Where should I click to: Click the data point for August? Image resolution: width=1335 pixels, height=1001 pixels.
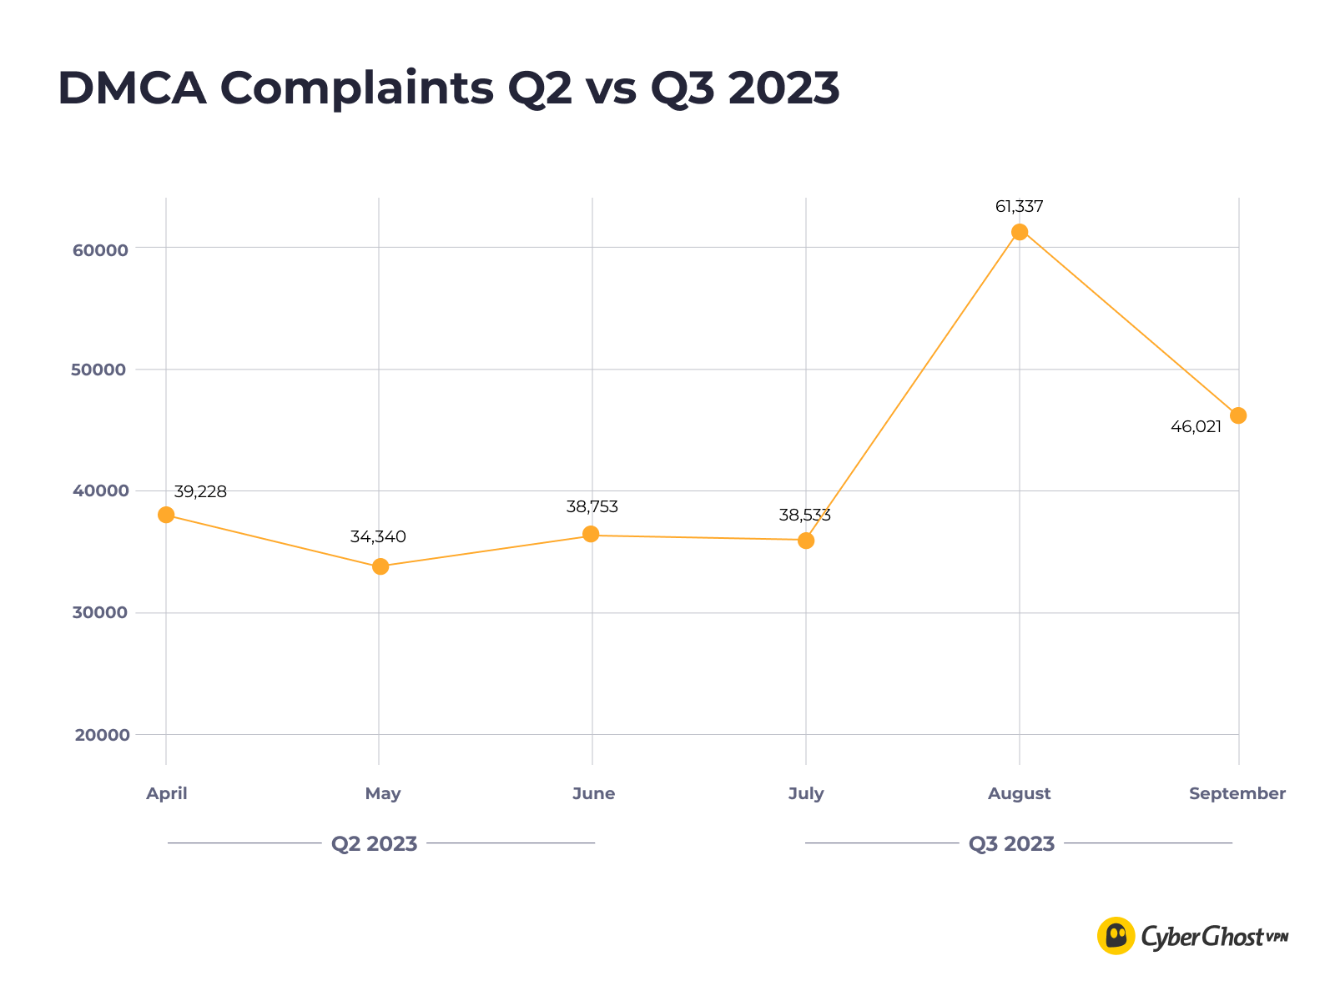point(1019,232)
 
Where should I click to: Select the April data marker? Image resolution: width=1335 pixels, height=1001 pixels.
point(166,515)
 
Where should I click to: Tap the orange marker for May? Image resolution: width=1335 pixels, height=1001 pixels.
point(380,566)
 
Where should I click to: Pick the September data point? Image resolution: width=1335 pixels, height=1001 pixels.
point(1238,415)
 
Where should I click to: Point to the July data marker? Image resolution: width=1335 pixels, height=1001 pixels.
point(806,541)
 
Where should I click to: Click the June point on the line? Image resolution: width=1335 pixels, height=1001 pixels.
point(591,534)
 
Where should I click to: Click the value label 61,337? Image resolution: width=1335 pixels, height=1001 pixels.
point(1019,207)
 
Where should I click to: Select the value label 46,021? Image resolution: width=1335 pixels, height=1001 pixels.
point(1196,427)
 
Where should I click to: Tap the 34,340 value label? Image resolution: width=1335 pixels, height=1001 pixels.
point(378,537)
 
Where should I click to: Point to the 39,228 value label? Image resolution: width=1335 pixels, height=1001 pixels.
point(200,492)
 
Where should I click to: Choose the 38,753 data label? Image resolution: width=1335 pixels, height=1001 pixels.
point(592,507)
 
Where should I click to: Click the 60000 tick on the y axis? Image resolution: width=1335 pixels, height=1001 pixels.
point(100,250)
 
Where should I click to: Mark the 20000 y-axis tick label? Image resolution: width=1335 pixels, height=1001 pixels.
point(100,736)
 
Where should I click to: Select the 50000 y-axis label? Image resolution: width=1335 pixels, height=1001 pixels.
point(100,370)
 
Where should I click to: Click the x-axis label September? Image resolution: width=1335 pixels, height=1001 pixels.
point(1237,794)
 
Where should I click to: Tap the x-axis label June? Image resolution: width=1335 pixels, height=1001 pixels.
point(593,794)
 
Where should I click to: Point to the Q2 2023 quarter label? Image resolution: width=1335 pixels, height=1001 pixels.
point(374,844)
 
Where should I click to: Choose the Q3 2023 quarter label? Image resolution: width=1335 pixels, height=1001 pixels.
point(1011,844)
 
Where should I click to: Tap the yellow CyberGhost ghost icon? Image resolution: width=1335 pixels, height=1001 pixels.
point(1116,936)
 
